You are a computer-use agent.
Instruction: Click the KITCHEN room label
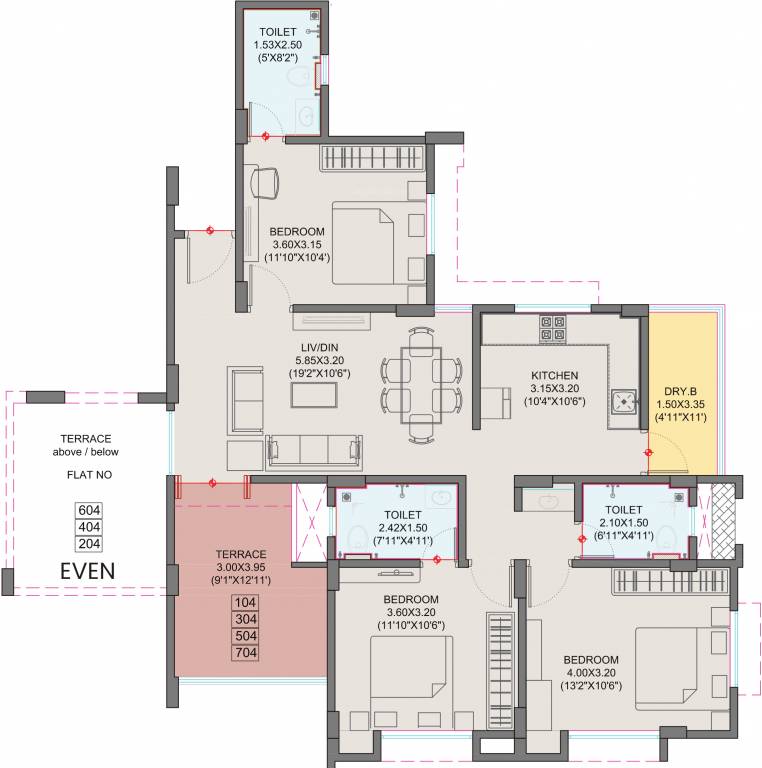[555, 376]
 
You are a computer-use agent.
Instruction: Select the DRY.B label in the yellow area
[681, 391]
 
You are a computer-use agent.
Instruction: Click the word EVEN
[87, 571]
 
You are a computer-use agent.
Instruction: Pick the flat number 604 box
[90, 509]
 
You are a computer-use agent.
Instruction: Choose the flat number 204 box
[90, 543]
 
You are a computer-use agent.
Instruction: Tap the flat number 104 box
[245, 602]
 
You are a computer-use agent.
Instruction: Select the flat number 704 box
[245, 653]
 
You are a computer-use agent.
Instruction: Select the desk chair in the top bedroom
[264, 182]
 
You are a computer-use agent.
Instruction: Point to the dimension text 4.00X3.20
[590, 673]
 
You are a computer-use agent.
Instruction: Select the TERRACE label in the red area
[240, 553]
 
